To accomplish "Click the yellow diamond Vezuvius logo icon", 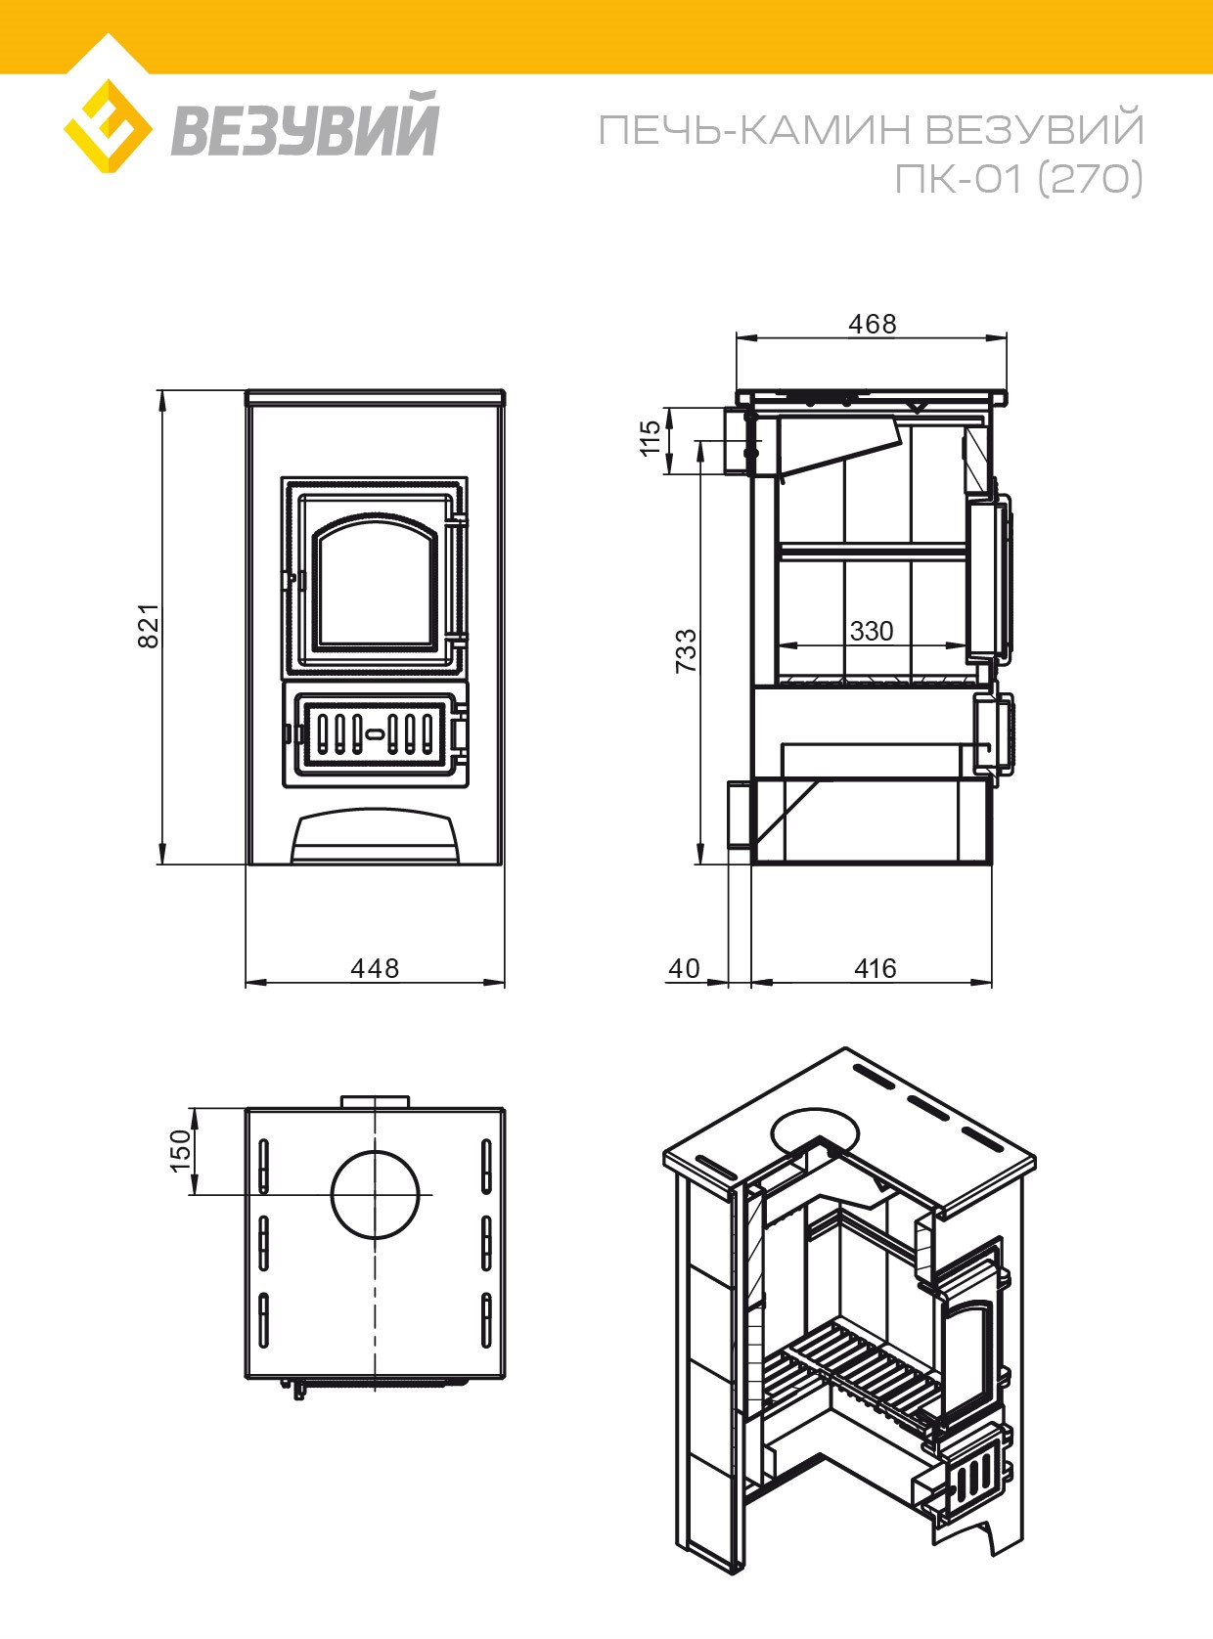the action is click(x=108, y=125).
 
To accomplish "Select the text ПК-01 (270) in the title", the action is click(x=1018, y=178).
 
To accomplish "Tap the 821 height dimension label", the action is click(x=149, y=626).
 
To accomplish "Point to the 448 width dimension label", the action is click(x=375, y=968).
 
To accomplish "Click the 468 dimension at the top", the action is click(x=873, y=324).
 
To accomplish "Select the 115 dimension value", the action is click(x=651, y=438).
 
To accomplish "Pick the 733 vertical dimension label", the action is click(x=686, y=650).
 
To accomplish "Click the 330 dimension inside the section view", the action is click(x=872, y=631).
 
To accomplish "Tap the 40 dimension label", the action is click(x=684, y=968).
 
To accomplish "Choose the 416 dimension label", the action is click(x=876, y=968).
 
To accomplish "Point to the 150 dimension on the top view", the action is click(x=181, y=1151).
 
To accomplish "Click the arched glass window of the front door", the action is click(x=376, y=582).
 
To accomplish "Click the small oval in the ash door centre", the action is click(x=375, y=733).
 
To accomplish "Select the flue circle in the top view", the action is click(x=376, y=1195).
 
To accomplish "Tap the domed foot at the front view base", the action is click(x=376, y=837).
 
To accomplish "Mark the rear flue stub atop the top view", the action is click(x=375, y=1102).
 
